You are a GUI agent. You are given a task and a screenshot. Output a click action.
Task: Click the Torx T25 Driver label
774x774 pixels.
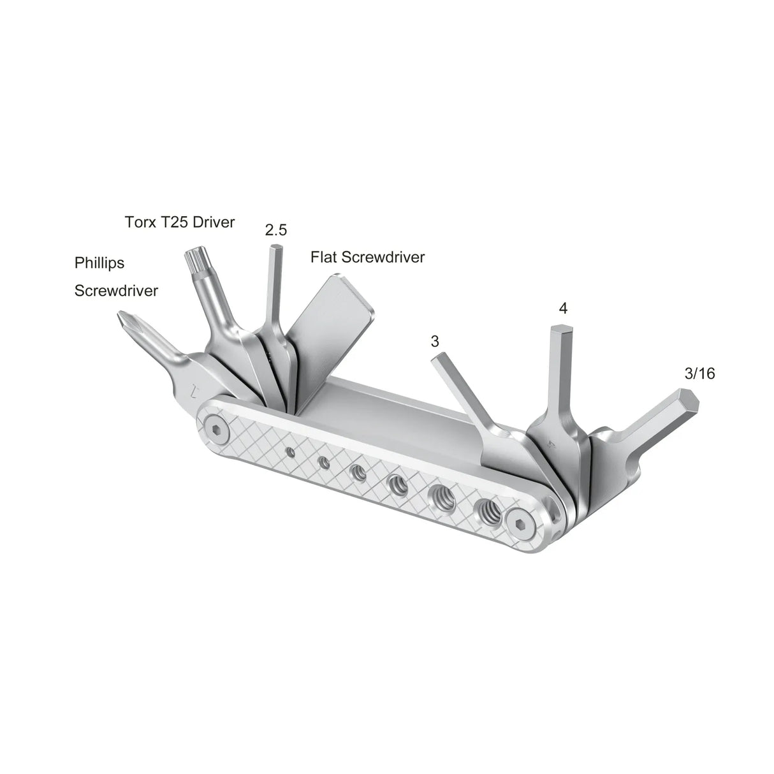pyautogui.click(x=179, y=222)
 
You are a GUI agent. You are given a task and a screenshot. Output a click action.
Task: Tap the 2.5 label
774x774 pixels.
pyautogui.click(x=275, y=230)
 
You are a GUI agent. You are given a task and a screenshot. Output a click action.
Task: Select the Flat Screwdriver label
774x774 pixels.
pyautogui.click(x=367, y=257)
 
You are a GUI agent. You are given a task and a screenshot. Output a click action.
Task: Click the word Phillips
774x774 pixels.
pyautogui.click(x=99, y=263)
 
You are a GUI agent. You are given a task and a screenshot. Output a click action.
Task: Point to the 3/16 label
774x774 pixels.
pyautogui.click(x=699, y=374)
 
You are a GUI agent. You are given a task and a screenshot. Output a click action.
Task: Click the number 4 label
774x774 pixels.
pyautogui.click(x=562, y=309)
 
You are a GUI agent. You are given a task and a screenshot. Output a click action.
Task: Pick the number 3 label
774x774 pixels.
pyautogui.click(x=435, y=341)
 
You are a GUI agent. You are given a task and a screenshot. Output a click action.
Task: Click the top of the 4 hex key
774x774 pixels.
pyautogui.click(x=559, y=329)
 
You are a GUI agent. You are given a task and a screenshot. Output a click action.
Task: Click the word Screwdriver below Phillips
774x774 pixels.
pyautogui.click(x=116, y=291)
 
